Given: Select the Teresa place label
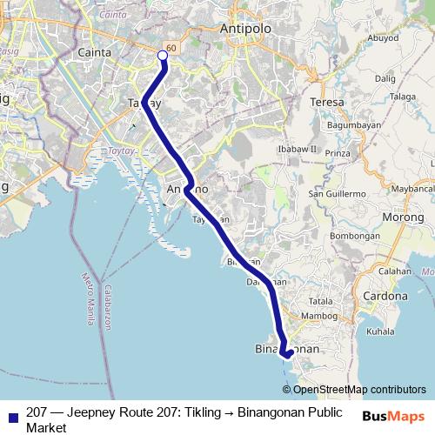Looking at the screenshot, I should point(327,102).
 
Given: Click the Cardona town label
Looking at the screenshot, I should point(385,296).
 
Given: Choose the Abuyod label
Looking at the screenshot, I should point(382,37).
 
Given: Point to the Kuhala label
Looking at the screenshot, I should point(381,331).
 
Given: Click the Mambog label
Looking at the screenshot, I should point(318,315).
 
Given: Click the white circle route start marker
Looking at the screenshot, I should point(163,57).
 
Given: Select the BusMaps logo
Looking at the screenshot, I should point(393,415).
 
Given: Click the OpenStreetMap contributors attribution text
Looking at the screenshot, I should point(359,390).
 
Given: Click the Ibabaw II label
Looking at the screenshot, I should point(297,149).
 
